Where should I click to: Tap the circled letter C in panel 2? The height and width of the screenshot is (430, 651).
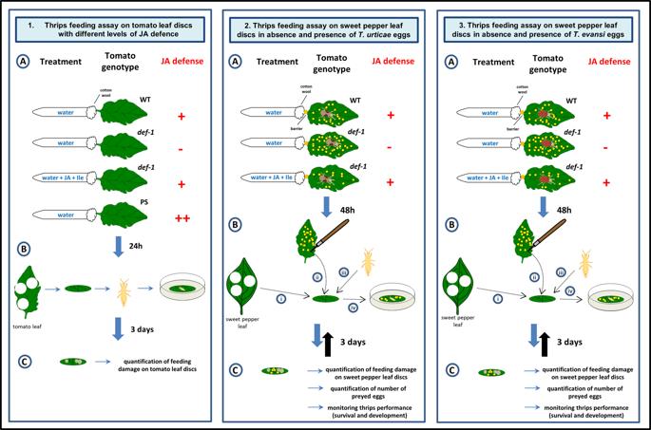(x=239, y=369)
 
